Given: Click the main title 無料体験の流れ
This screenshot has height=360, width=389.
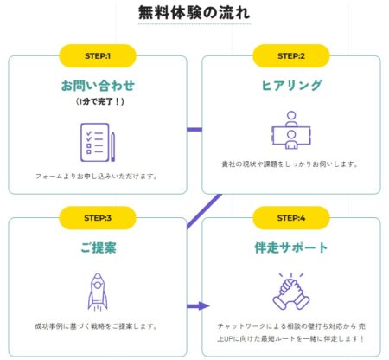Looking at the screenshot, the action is [x=194, y=13].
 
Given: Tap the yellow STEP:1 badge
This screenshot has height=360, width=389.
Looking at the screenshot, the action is [x=98, y=55].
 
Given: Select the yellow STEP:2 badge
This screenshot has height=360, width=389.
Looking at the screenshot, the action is [x=291, y=55].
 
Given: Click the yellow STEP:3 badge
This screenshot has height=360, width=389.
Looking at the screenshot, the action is [x=98, y=218].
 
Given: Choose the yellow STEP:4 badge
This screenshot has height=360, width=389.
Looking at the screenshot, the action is [x=291, y=218].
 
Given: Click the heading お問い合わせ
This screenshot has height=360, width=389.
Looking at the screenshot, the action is [x=98, y=86].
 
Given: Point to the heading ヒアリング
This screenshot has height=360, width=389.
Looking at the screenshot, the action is [x=291, y=86].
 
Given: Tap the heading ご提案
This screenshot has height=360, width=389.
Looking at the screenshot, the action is [x=99, y=247].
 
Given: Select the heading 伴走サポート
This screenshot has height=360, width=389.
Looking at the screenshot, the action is [x=291, y=247].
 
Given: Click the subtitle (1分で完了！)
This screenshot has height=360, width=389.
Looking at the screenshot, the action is [x=100, y=101].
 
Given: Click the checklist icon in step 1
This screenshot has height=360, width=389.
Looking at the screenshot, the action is [x=95, y=142].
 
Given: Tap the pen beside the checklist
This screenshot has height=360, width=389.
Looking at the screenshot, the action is [x=112, y=146].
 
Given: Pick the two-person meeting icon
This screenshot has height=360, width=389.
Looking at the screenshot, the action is [x=291, y=130].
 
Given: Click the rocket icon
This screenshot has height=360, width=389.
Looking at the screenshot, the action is [x=98, y=292].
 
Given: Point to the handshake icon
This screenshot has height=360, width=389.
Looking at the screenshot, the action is [x=291, y=292].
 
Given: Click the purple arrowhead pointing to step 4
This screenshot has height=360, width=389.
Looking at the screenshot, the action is [x=204, y=306].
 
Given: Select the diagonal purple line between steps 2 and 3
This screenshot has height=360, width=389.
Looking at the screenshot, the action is [x=204, y=211].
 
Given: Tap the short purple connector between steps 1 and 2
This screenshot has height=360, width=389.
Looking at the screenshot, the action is [x=194, y=130].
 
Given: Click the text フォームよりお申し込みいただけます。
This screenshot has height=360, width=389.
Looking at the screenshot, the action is [x=97, y=176].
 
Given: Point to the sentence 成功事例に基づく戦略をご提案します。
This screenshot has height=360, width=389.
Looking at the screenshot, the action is [x=97, y=326].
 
